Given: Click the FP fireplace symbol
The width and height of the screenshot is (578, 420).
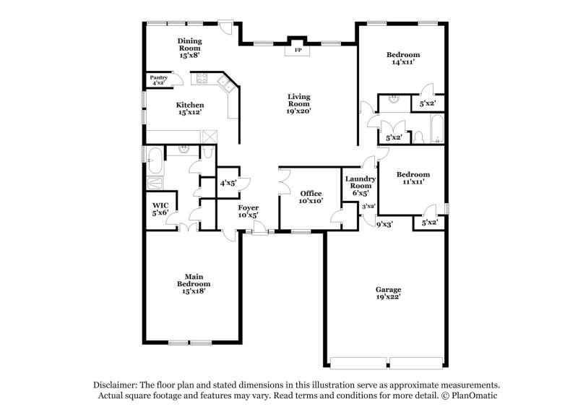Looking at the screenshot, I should tap(298, 51).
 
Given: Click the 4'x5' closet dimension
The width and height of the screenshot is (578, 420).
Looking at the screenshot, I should tap(229, 184).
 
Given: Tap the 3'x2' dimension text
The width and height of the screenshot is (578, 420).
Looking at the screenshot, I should tap(368, 207).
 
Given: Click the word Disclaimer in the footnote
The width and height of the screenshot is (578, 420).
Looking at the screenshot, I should tap(117, 385).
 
